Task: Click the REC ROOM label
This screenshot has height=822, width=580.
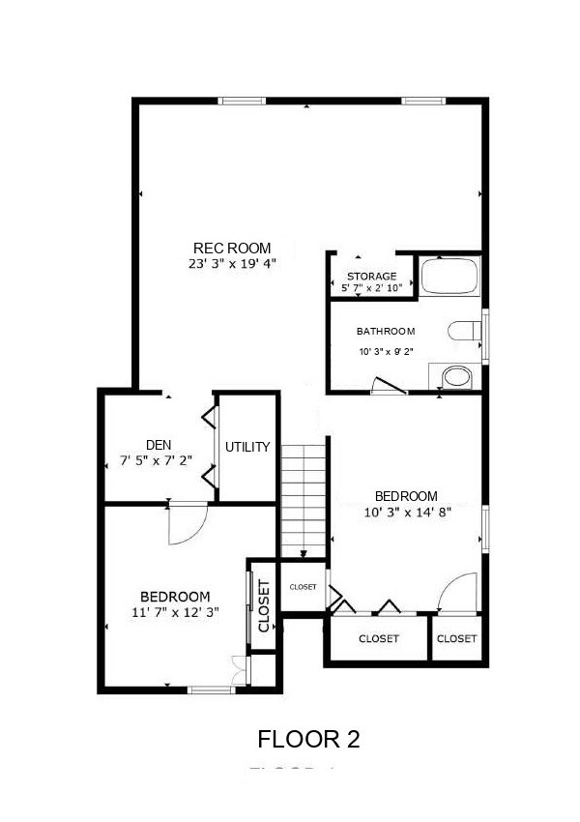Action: coord(232,247)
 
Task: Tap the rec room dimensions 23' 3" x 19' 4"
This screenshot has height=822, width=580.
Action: coord(232,262)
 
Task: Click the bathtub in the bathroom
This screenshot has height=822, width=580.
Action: coord(449,277)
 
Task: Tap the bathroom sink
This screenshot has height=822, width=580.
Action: coord(453,376)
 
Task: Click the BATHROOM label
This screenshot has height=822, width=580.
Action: coord(386,330)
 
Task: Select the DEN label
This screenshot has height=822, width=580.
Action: coord(159,446)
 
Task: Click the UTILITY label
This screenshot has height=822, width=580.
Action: coord(247,447)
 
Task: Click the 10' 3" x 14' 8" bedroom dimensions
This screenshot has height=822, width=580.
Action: coord(406,513)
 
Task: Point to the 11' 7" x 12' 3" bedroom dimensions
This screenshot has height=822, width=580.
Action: coord(175,611)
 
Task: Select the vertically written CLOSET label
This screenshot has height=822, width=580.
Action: coord(264,606)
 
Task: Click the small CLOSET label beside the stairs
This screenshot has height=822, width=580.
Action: coord(303,587)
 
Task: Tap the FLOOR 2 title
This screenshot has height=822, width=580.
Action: coord(308,740)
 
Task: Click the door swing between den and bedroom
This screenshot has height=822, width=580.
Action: coord(186,524)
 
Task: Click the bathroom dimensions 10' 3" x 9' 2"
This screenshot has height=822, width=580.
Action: coord(386,352)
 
